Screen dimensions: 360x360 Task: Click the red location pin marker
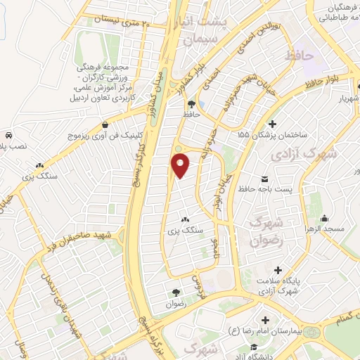coord(181,165)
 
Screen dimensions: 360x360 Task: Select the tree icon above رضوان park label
coord(174,291)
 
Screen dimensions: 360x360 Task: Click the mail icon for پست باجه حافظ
coord(264,179)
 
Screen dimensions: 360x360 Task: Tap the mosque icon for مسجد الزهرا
coord(324,217)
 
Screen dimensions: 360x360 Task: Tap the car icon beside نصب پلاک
coord(7,134)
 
